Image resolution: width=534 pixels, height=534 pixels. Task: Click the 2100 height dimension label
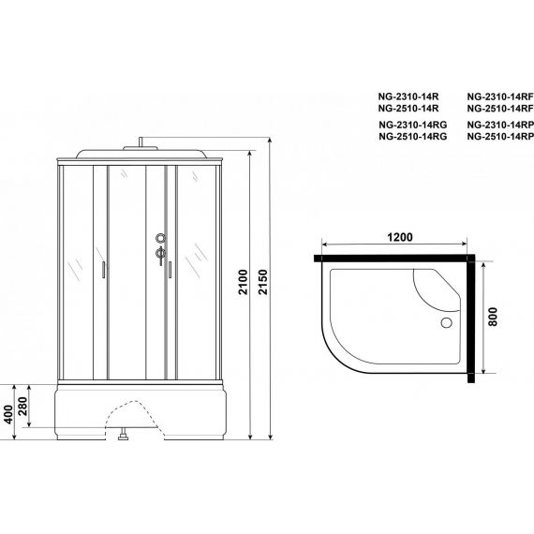point(243,282)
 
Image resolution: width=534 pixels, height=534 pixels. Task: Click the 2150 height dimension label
point(263,282)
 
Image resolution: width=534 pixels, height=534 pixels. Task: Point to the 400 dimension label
point(8,414)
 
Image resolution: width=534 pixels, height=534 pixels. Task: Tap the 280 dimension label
point(22,406)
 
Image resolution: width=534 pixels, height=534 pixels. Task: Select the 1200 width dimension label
point(400,237)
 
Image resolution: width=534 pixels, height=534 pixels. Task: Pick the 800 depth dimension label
point(493,317)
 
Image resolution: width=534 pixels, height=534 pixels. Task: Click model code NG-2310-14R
point(408,96)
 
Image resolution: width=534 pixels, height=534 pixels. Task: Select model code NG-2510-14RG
point(413,137)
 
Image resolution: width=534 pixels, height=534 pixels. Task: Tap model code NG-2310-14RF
point(500,96)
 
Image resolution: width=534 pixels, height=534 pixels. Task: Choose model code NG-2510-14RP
point(500,137)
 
